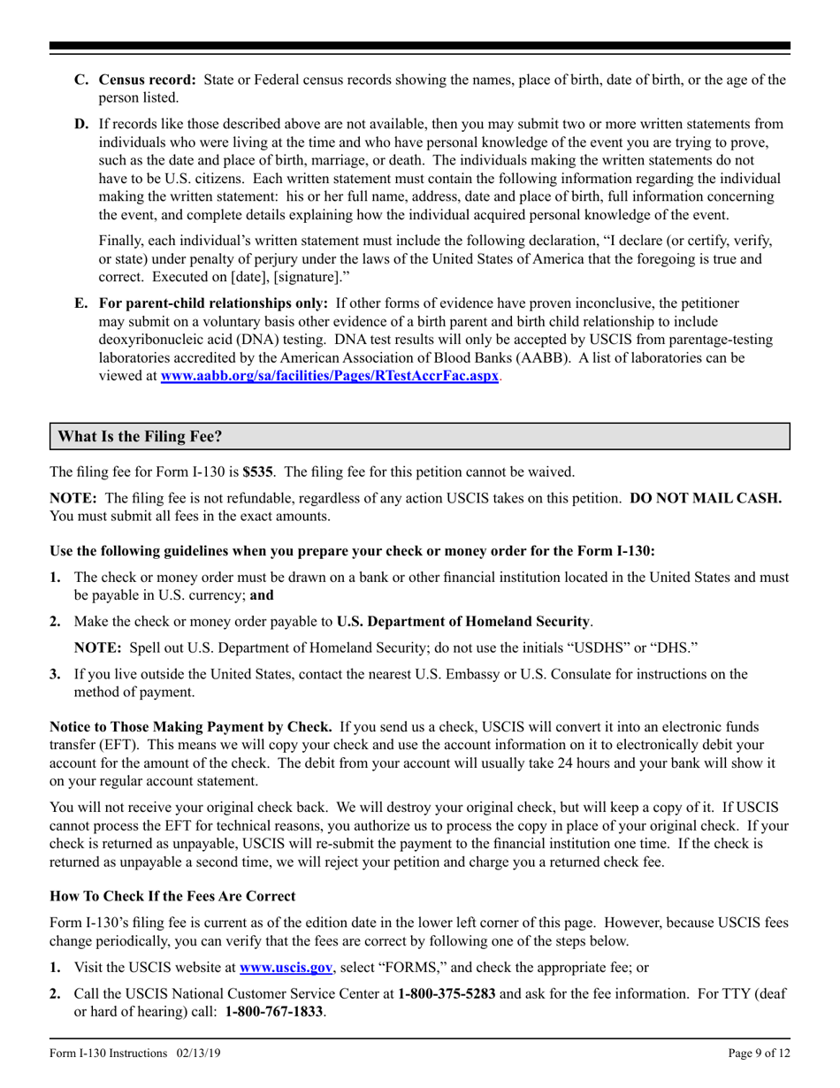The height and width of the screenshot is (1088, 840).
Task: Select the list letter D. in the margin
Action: (81, 124)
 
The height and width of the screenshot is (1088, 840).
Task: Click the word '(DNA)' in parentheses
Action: (248, 341)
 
